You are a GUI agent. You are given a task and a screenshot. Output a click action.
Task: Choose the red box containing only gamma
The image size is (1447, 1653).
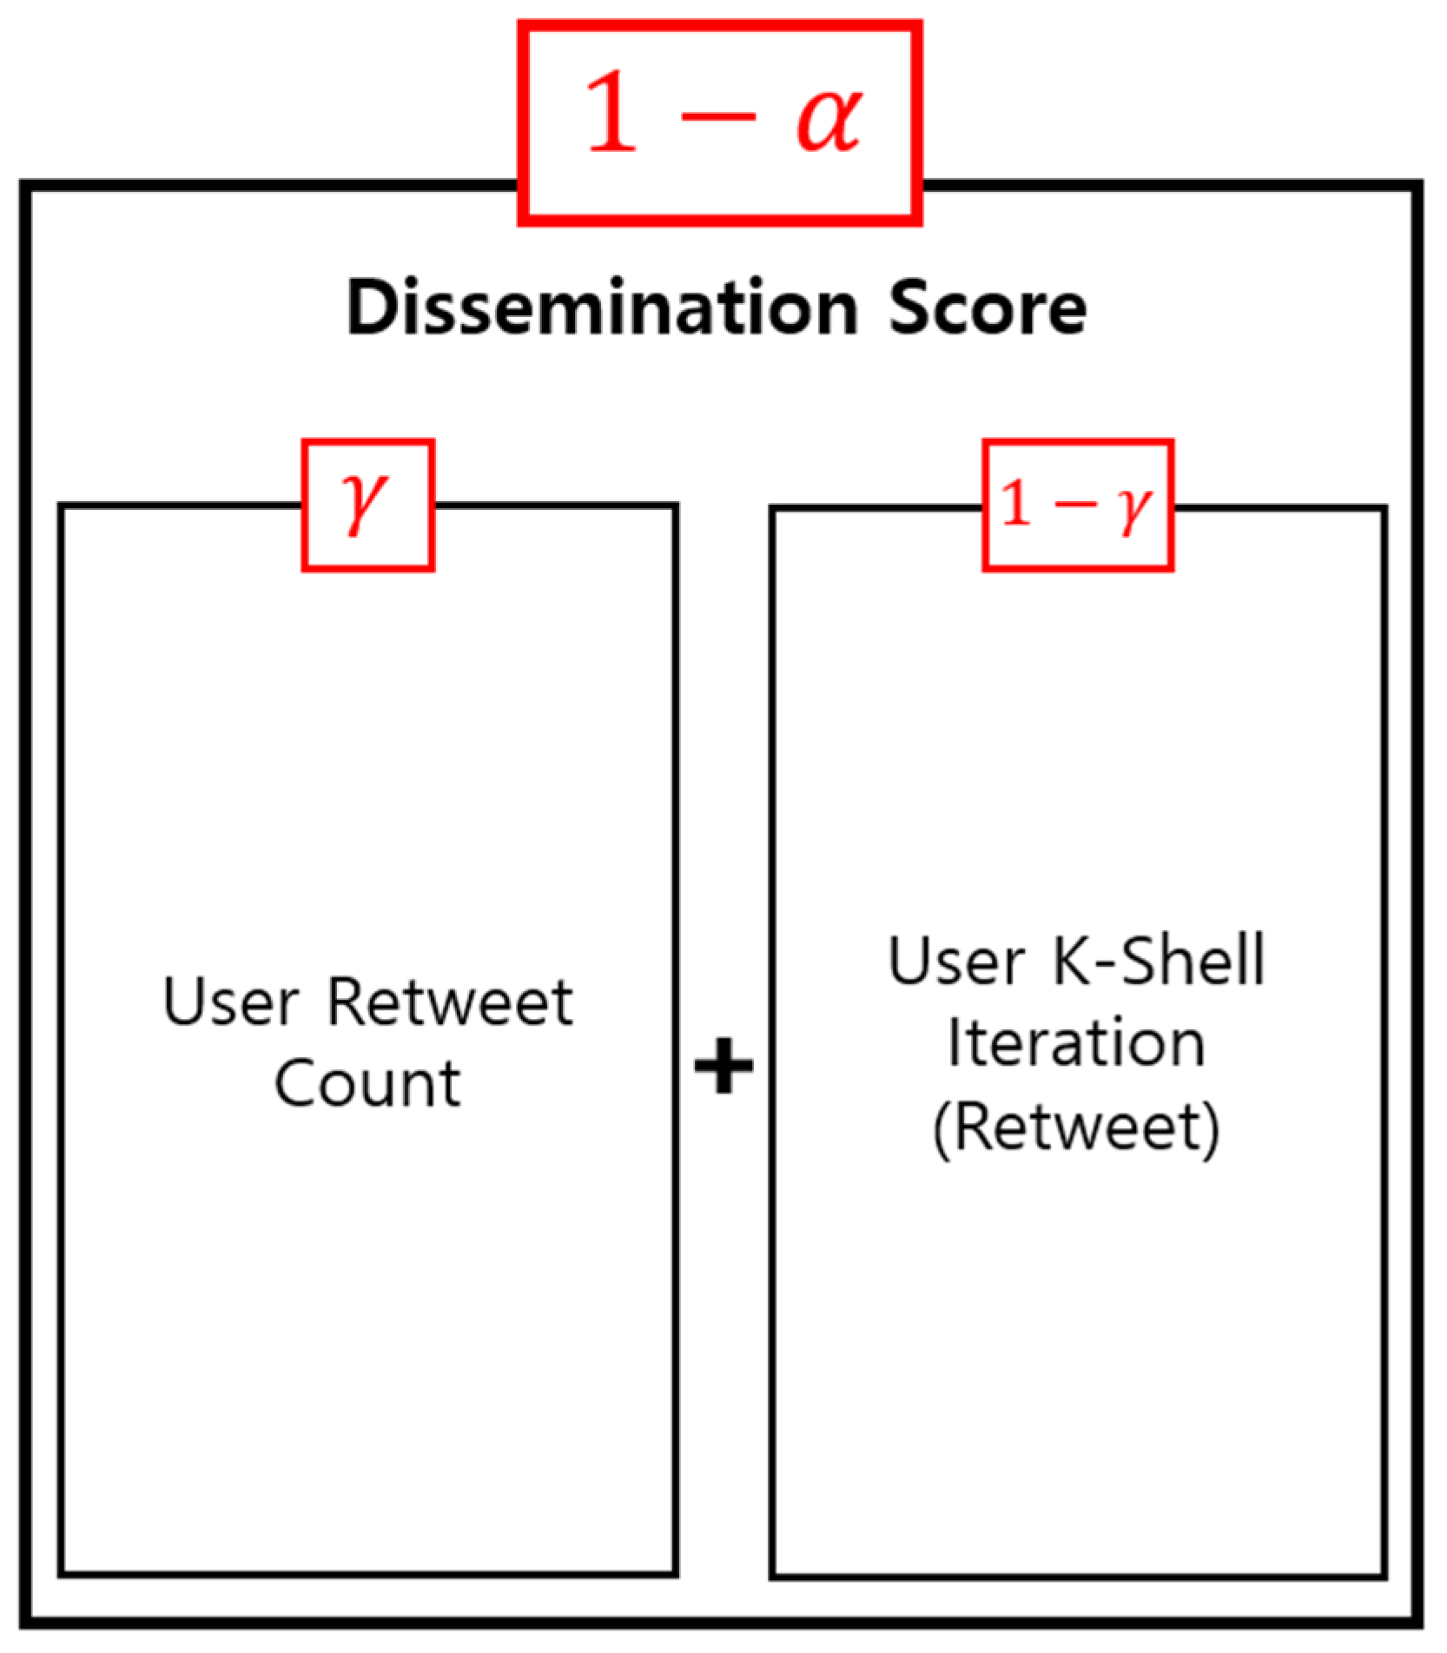click(x=367, y=505)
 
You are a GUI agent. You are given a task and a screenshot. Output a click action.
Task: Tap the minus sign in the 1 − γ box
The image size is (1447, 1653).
click(x=1075, y=504)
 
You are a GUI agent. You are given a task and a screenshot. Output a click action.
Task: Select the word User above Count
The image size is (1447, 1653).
click(x=231, y=1002)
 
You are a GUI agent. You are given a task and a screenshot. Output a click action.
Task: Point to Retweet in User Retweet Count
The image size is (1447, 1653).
click(x=450, y=1002)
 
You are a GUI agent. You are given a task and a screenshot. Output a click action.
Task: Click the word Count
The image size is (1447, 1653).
click(x=367, y=1084)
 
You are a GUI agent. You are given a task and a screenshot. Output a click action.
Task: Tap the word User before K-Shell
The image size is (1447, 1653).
click(x=956, y=962)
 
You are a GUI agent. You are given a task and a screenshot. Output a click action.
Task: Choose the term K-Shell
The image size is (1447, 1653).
click(x=1159, y=961)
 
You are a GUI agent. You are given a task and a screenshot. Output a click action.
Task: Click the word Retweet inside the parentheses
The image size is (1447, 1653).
click(x=1077, y=1127)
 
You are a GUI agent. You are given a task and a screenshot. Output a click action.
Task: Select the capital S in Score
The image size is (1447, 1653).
click(x=909, y=307)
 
